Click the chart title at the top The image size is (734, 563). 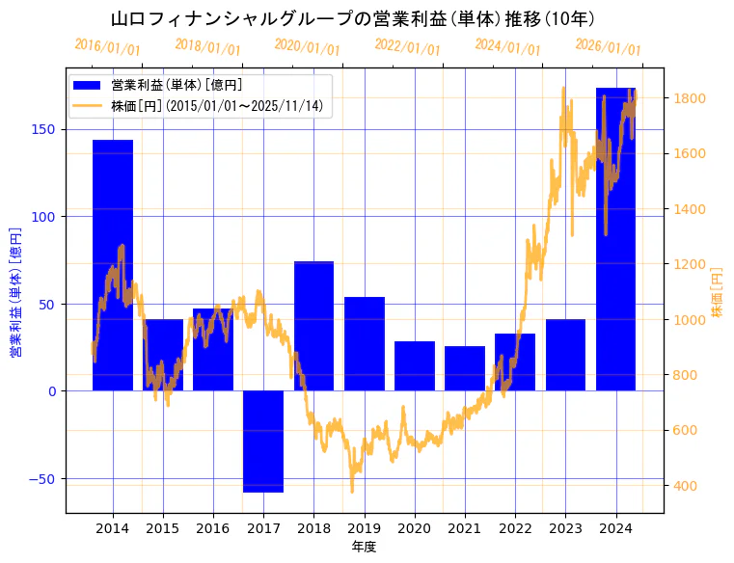pyautogui.click(x=352, y=19)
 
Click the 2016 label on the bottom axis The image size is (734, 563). pyautogui.click(x=213, y=528)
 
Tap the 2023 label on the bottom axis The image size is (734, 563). pyautogui.click(x=565, y=528)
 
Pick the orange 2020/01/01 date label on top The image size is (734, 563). pyautogui.click(x=307, y=46)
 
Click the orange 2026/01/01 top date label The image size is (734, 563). pyautogui.click(x=608, y=46)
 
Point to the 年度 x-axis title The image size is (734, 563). pyautogui.click(x=364, y=547)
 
